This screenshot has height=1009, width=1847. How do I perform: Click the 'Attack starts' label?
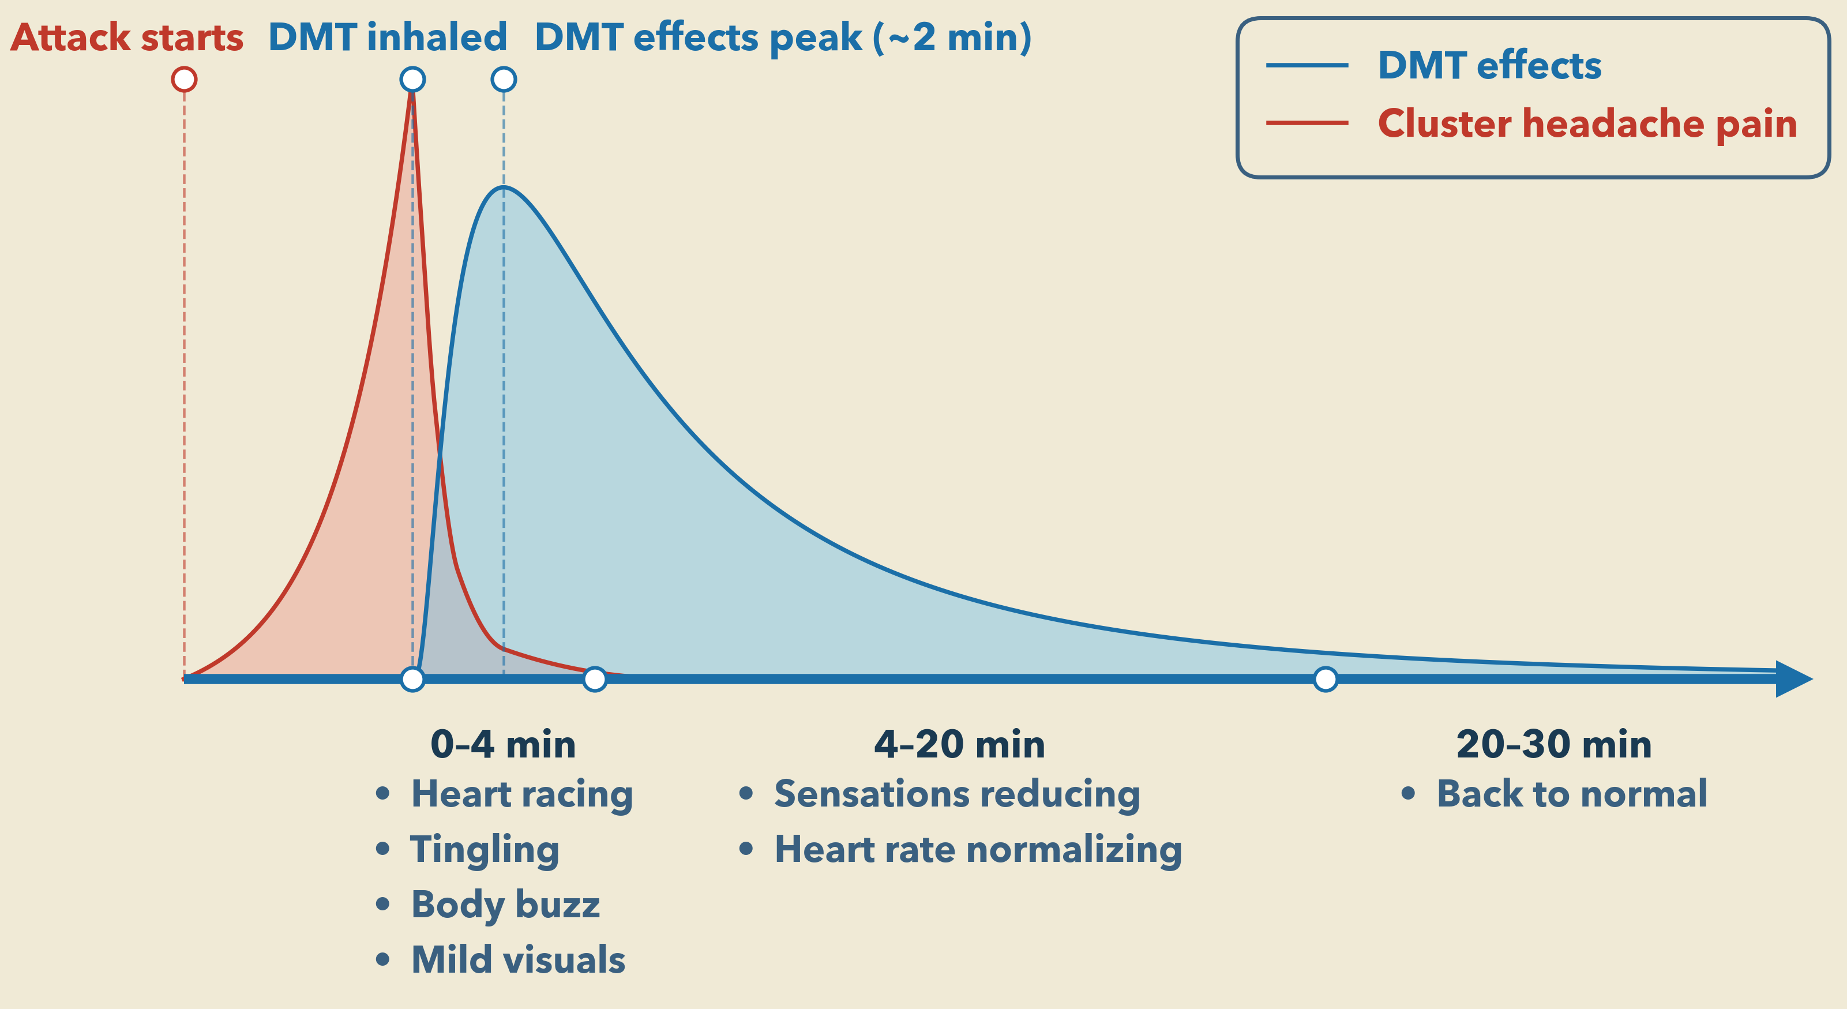point(127,37)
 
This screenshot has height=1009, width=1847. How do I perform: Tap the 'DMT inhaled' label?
point(387,37)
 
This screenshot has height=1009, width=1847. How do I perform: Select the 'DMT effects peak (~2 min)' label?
point(783,37)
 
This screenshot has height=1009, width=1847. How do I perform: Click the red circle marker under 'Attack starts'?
point(184,79)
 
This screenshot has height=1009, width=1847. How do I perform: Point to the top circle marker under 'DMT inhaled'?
point(412,79)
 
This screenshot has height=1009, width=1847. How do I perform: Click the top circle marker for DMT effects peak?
point(504,79)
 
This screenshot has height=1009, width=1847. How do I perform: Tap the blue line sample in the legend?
point(1307,65)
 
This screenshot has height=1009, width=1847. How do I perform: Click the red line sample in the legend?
point(1307,123)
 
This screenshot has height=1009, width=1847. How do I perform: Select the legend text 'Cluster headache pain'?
point(1587,123)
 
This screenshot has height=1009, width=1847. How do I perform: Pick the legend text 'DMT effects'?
point(1489,65)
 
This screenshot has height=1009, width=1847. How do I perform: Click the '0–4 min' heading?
point(502,744)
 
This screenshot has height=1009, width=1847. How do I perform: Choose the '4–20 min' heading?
point(959,744)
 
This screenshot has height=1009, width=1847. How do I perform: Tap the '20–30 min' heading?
point(1554,744)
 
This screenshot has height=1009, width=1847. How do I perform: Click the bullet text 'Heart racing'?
point(521,794)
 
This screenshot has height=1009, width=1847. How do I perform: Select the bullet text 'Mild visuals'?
point(517,959)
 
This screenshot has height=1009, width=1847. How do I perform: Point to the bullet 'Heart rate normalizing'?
point(978,849)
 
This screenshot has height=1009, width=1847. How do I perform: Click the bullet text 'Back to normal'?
point(1572,794)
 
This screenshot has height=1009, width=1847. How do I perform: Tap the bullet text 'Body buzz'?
point(505,905)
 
